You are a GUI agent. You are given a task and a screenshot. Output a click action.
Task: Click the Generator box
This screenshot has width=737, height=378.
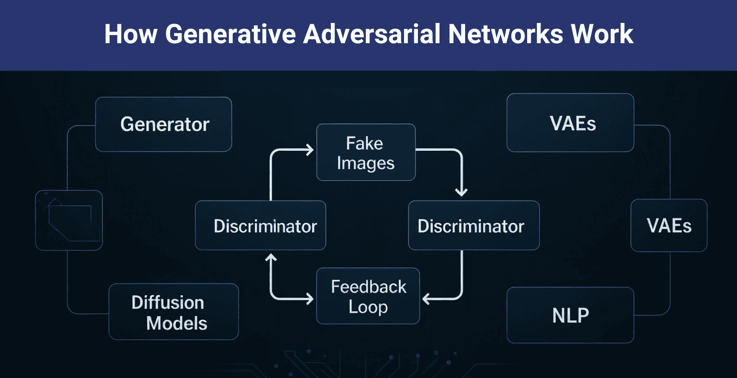point(164,124)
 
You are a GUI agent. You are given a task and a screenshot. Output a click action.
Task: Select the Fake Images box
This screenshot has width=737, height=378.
point(366,153)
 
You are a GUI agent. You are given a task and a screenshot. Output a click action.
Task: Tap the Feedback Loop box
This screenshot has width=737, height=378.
point(368,296)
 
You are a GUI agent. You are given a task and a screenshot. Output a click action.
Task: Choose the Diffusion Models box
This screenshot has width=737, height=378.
point(173,312)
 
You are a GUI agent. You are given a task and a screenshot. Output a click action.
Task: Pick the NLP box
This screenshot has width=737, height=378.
point(570,315)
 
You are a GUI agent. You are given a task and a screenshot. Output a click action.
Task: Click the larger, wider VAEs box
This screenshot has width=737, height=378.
point(570,123)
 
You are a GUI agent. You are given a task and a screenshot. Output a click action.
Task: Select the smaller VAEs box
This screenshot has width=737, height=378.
point(669,225)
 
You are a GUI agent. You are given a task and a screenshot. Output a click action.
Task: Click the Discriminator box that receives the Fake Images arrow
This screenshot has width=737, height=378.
point(473,225)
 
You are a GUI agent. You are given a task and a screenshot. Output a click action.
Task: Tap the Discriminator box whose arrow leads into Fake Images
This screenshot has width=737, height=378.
point(261,225)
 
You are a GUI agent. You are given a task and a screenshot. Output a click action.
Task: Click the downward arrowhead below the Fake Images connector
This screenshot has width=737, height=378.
point(461,193)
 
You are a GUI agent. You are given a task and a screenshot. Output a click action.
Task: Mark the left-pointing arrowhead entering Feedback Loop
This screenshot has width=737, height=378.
point(426,298)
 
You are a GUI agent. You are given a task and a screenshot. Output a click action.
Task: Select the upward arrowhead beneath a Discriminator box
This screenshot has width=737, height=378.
point(271,258)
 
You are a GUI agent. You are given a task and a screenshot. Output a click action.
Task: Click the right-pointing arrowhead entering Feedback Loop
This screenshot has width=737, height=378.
point(310,298)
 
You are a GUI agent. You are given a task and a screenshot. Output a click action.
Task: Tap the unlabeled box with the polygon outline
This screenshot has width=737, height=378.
point(69,220)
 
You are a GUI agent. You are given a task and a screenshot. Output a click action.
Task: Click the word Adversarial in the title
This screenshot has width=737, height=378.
point(372,34)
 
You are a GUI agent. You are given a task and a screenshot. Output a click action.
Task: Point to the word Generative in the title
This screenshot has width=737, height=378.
point(230,34)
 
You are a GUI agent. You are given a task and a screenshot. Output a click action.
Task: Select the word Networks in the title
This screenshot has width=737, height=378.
point(506,34)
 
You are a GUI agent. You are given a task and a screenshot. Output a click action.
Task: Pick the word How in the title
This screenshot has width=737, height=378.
point(130,34)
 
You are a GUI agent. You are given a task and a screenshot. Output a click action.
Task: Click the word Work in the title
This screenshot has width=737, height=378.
point(602,34)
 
